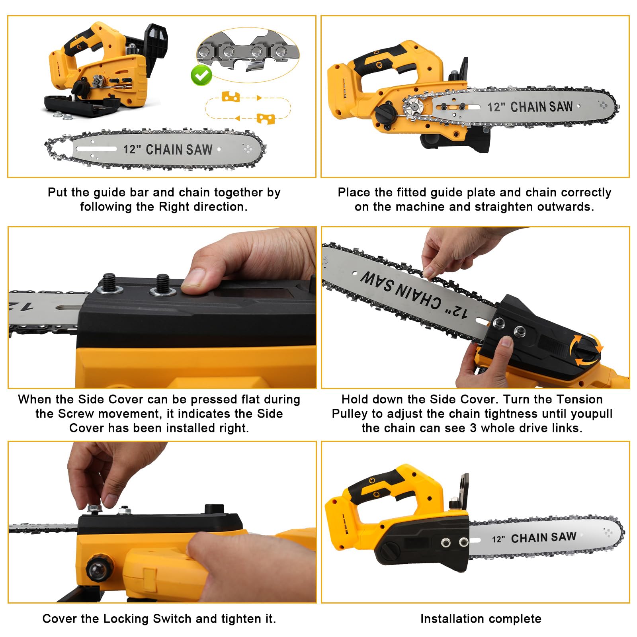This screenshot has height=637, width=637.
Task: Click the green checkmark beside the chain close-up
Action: (201, 75)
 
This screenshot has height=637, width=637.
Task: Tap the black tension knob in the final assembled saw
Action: (390, 551)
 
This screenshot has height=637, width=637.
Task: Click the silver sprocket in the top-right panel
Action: (414, 107)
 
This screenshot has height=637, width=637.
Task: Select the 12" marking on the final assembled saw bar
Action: (498, 539)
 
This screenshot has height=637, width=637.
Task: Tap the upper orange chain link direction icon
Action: (231, 97)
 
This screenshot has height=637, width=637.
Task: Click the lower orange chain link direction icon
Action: (266, 119)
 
